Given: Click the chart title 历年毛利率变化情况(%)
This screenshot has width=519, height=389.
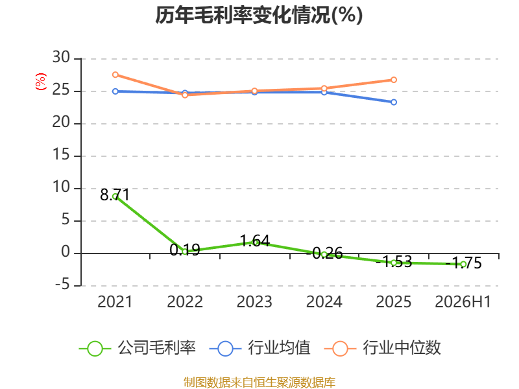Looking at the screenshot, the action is pyautogui.click(x=259, y=15).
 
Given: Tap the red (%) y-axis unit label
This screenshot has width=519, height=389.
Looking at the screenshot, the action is pyautogui.click(x=41, y=82).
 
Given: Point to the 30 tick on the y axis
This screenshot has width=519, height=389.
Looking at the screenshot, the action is pyautogui.click(x=61, y=58).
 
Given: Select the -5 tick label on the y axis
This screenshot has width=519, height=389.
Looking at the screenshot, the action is pyautogui.click(x=62, y=285).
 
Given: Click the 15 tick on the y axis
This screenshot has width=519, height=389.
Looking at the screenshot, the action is pyautogui.click(x=61, y=155).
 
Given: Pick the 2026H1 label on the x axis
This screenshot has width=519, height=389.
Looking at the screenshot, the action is pyautogui.click(x=463, y=301).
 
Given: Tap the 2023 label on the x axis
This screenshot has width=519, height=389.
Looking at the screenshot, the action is pyautogui.click(x=254, y=301).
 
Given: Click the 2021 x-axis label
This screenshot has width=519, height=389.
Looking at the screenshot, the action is pyautogui.click(x=115, y=301).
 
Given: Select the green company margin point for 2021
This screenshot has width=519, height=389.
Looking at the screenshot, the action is pyautogui.click(x=115, y=196).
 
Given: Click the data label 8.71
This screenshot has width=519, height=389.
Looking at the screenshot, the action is pyautogui.click(x=115, y=194).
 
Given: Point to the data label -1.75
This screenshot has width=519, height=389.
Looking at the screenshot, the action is pyautogui.click(x=463, y=263).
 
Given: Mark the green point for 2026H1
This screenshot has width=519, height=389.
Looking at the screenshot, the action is pyautogui.click(x=463, y=264).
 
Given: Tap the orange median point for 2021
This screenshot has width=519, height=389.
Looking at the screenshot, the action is pyautogui.click(x=115, y=75).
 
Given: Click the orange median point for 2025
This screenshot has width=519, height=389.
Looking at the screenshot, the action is pyautogui.click(x=394, y=80).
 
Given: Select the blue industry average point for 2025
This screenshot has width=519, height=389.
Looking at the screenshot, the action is pyautogui.click(x=394, y=102).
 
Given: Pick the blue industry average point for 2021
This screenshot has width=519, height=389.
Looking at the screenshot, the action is pyautogui.click(x=115, y=91).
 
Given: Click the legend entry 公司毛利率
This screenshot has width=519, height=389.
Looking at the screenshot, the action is pyautogui.click(x=138, y=348).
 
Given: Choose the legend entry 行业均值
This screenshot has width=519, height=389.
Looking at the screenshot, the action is pyautogui.click(x=260, y=348).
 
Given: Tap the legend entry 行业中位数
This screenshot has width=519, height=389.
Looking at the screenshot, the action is pyautogui.click(x=382, y=348).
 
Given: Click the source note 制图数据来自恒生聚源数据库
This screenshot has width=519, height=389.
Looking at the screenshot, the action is pyautogui.click(x=259, y=383).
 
